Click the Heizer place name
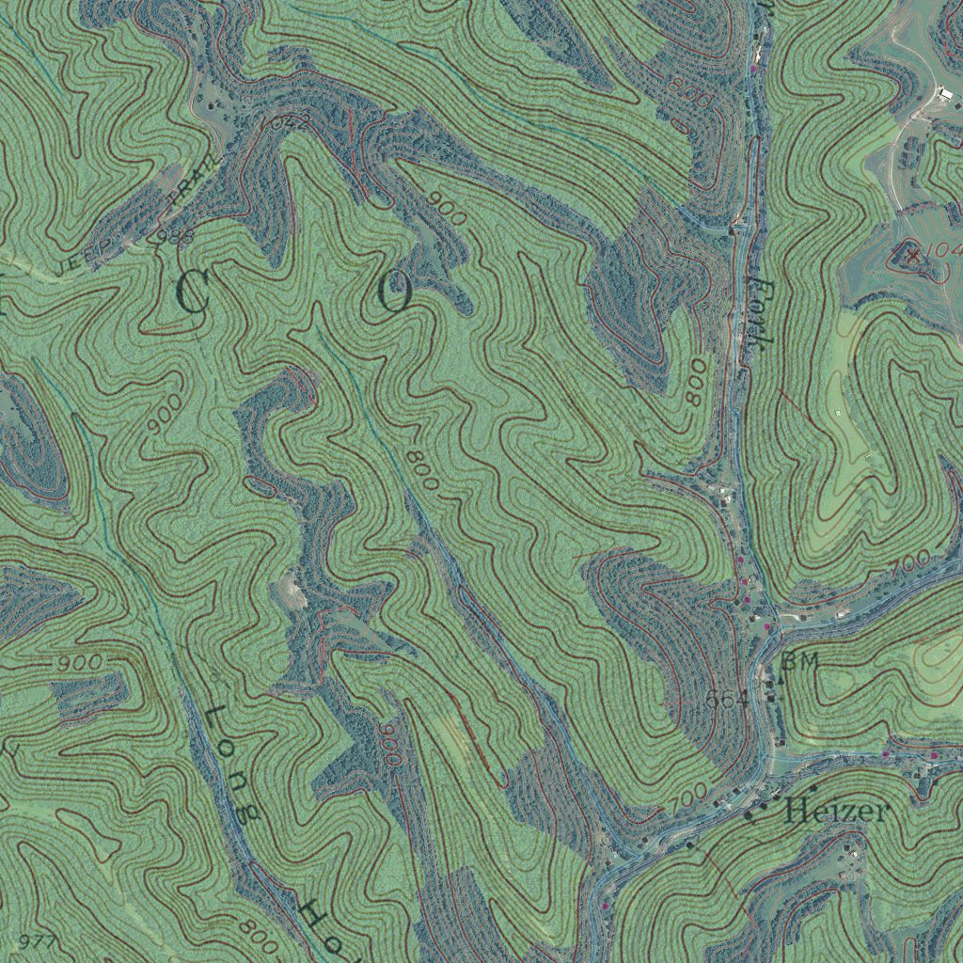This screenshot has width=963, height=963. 835,810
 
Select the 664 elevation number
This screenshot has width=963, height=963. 725,699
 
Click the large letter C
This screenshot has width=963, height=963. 191,292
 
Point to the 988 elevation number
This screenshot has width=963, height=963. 173,235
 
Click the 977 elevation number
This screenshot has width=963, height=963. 38,941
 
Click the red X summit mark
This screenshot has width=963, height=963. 911,252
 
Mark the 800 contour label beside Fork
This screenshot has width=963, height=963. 696,381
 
